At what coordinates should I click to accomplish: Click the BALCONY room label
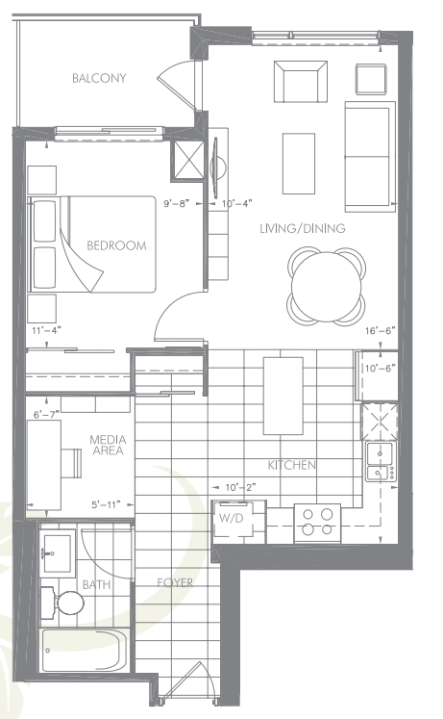(99, 78)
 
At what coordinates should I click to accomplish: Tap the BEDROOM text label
(116, 245)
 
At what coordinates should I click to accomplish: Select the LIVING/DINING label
(303, 228)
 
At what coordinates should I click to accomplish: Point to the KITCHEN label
(292, 465)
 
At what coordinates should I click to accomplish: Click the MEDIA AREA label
(108, 445)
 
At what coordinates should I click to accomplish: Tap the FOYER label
(175, 583)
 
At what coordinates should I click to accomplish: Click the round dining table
(327, 286)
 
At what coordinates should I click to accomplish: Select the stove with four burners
(317, 523)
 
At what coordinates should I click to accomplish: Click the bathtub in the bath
(84, 650)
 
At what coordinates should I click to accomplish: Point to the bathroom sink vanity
(58, 552)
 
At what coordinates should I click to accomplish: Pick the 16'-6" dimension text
(381, 330)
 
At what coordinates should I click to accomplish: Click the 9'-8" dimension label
(177, 204)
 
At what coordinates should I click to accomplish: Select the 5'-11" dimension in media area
(106, 505)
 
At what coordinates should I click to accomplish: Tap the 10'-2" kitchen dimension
(240, 487)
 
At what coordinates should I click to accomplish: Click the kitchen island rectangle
(283, 396)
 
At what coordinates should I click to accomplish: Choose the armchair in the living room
(301, 82)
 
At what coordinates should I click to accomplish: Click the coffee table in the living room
(299, 164)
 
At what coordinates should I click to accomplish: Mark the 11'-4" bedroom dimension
(47, 330)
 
